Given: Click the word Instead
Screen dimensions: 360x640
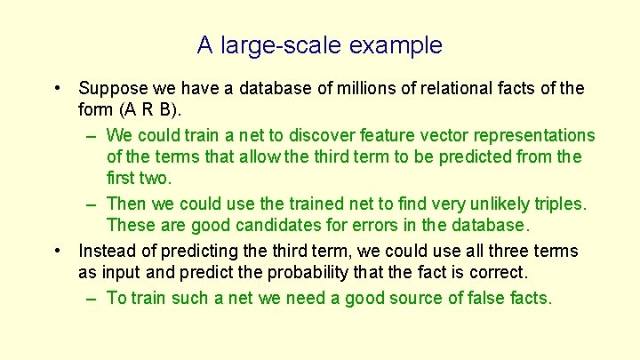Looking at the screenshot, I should [108, 252].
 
